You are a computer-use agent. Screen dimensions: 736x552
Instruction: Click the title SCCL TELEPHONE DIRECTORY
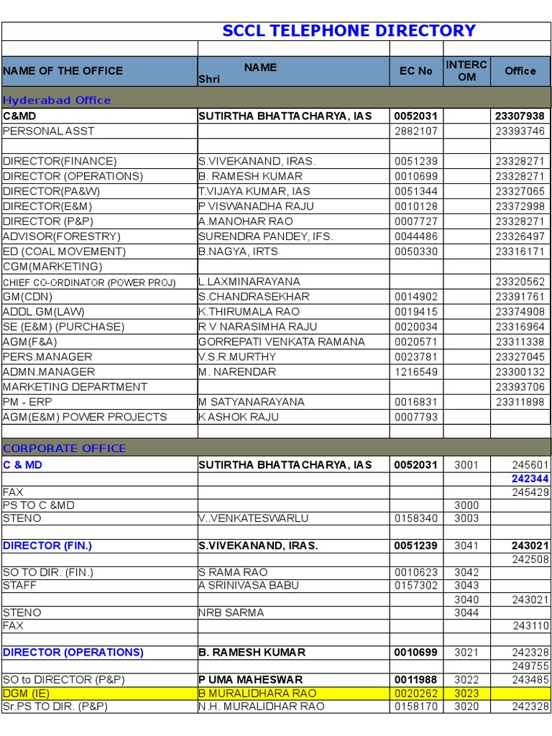349,31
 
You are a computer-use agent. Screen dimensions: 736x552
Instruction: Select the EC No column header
416,71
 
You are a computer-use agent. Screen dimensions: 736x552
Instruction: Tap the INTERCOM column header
466,70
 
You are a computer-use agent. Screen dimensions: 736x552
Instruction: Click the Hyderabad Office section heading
57,101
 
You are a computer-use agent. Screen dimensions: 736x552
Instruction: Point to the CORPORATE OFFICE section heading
65,448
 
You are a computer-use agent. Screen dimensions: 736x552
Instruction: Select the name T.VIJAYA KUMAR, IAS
254,191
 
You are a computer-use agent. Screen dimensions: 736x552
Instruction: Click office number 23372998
520,206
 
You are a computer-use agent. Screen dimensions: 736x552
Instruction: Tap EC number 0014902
416,297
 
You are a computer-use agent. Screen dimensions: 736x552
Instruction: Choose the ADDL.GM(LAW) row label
44,312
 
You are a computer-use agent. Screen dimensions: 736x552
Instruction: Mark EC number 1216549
416,372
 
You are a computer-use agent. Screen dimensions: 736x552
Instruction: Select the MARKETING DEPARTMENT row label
75,387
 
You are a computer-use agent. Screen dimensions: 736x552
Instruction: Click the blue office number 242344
530,479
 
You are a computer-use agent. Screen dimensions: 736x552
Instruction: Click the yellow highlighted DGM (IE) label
28,694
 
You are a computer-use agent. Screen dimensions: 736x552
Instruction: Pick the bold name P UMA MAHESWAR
251,680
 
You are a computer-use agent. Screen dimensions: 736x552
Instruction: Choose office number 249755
530,666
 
